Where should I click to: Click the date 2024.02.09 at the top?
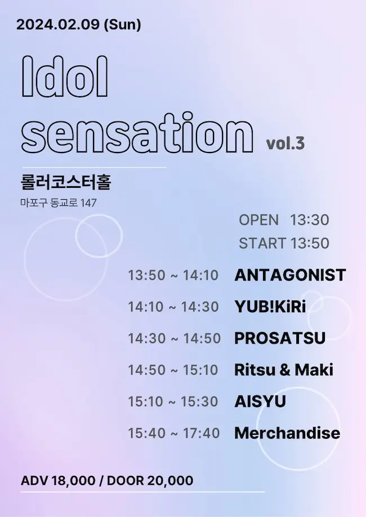(x=58, y=25)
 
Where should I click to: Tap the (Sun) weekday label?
(x=122, y=25)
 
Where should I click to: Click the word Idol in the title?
(x=65, y=76)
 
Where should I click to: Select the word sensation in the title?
(x=137, y=133)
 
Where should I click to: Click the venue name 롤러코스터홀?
(x=66, y=182)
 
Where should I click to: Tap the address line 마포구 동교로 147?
(x=59, y=203)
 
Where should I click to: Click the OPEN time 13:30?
(x=310, y=220)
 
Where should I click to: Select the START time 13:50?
(x=310, y=243)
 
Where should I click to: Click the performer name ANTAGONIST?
(x=290, y=275)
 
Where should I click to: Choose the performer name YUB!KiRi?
(x=270, y=307)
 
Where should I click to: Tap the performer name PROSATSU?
(x=280, y=338)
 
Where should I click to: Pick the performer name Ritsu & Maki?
(x=284, y=370)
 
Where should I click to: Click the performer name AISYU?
(x=260, y=401)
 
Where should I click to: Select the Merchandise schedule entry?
(x=287, y=433)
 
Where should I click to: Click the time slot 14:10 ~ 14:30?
(x=173, y=307)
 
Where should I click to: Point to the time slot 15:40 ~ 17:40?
(x=174, y=433)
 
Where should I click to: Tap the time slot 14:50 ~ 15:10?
(x=173, y=370)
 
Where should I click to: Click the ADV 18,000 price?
(x=58, y=481)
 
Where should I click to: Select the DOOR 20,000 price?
(x=150, y=481)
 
